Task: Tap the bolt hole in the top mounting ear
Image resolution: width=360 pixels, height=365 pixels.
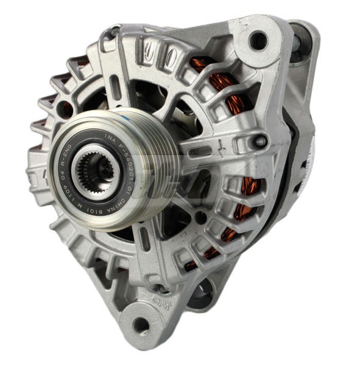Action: pyautogui.click(x=258, y=41)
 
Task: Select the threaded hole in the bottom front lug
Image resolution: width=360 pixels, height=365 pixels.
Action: pyautogui.click(x=141, y=325)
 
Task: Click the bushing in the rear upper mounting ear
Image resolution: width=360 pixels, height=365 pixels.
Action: pyautogui.click(x=298, y=43)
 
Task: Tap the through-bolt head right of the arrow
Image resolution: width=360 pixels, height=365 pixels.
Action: pyautogui.click(x=260, y=142)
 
